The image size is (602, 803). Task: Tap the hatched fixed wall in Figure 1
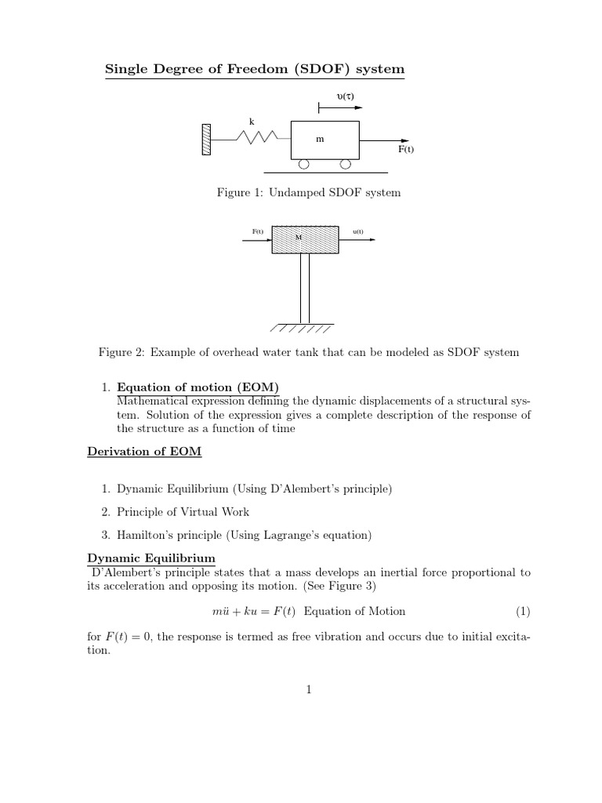coord(206,140)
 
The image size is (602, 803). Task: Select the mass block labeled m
coord(325,140)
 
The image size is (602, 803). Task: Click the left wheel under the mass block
coord(303,164)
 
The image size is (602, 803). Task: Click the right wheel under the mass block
coord(345,164)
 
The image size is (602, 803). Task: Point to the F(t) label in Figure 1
coord(406,149)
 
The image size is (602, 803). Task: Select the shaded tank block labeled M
coord(305,239)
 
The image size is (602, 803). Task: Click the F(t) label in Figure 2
coord(257,231)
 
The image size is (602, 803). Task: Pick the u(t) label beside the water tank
coord(358,231)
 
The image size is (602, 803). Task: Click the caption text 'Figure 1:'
coord(241,193)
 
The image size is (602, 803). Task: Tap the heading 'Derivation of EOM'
coord(135,453)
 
